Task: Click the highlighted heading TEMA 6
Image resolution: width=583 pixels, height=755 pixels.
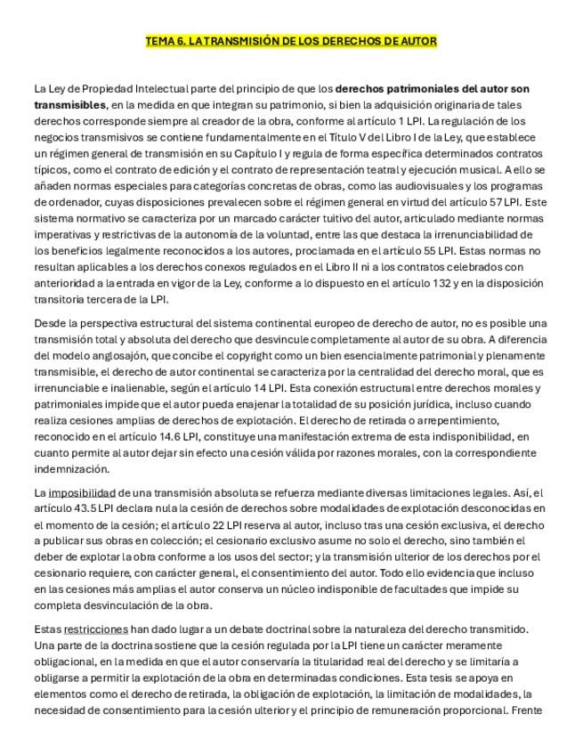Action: [291, 42]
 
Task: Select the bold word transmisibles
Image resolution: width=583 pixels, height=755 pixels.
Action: [69, 104]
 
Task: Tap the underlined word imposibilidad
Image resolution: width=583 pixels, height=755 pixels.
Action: [82, 492]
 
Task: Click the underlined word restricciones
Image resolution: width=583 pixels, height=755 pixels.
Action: [93, 629]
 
